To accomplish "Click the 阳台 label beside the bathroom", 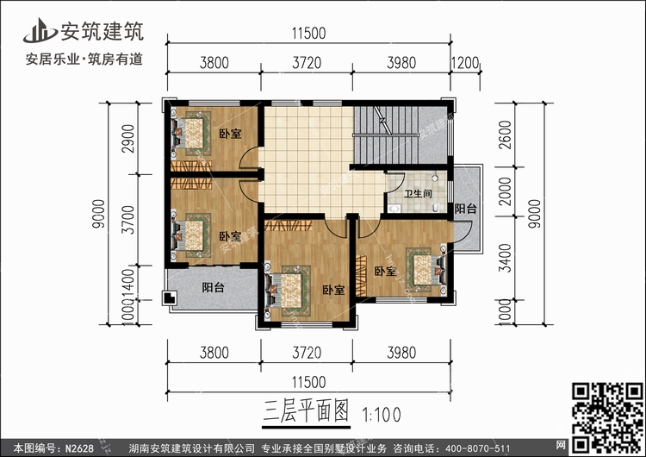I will point(466,209).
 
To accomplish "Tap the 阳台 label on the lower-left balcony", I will point(213,288).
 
